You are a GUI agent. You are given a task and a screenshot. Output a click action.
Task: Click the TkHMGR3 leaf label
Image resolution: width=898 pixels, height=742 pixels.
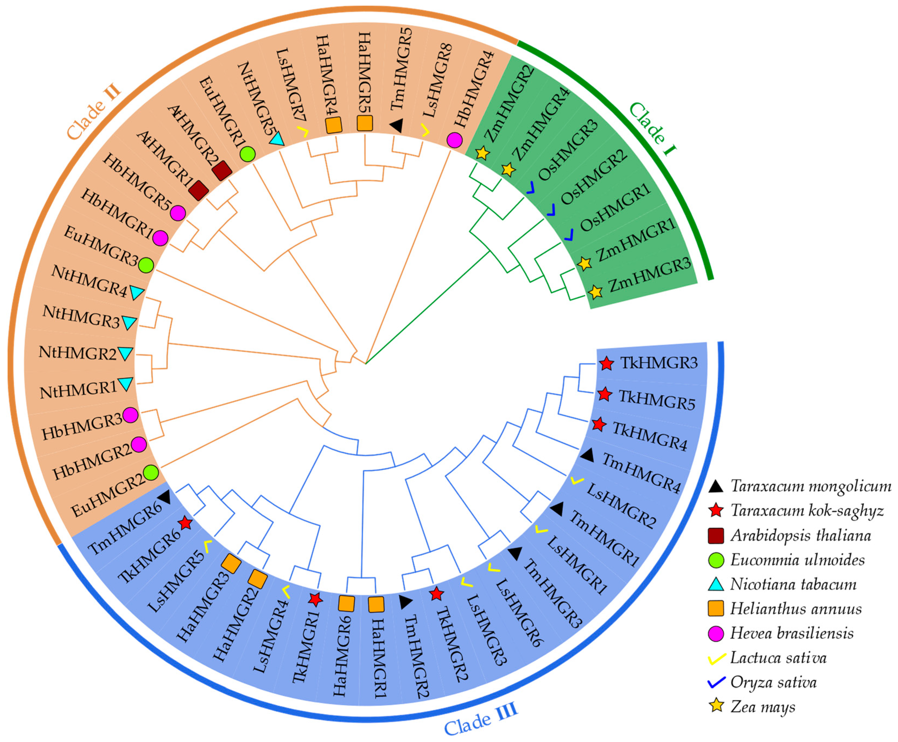[x=659, y=363]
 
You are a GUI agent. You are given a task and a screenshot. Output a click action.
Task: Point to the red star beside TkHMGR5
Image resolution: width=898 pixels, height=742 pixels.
[x=604, y=394]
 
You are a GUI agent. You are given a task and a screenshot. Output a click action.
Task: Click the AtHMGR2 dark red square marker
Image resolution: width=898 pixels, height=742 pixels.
[x=222, y=171]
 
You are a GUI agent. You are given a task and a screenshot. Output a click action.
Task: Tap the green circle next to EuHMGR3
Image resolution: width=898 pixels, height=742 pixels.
[x=146, y=265]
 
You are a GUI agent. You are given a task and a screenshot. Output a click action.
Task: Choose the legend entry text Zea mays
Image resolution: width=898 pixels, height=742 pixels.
[x=763, y=706]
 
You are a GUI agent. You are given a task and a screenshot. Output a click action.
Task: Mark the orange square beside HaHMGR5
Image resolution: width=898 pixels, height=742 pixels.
[x=365, y=123]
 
